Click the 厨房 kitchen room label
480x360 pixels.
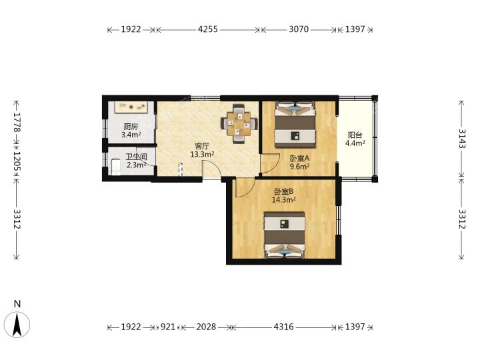click(x=131, y=126)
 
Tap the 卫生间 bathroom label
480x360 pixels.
click(x=137, y=157)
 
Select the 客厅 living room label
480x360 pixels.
click(x=202, y=146)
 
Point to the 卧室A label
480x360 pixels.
click(x=300, y=158)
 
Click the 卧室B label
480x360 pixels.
click(x=284, y=191)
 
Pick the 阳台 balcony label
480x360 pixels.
click(x=355, y=135)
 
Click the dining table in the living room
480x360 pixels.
click(x=239, y=124)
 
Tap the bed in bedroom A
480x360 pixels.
click(x=295, y=125)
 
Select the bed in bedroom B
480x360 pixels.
click(x=285, y=235)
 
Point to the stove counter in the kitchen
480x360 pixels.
click(x=131, y=107)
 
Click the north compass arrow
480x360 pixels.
click(x=17, y=325)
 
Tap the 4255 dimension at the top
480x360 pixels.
click(x=208, y=29)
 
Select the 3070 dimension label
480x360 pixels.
click(x=299, y=29)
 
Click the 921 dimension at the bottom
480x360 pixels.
click(x=168, y=327)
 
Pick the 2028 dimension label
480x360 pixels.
click(x=206, y=327)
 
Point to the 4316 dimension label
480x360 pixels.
click(x=283, y=327)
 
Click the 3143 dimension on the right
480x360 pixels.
click(x=461, y=139)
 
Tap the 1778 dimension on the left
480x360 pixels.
click(x=17, y=123)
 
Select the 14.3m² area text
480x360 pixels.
click(x=284, y=200)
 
